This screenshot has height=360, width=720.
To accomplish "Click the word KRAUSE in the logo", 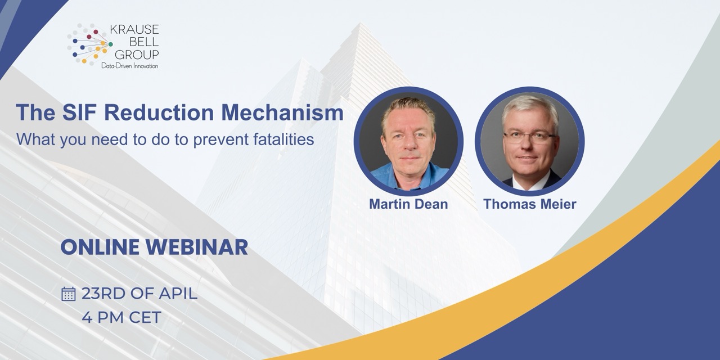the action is [x=134, y=30].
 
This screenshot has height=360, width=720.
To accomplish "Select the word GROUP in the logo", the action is [x=137, y=55].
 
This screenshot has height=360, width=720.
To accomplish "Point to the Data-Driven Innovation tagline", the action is [x=129, y=66].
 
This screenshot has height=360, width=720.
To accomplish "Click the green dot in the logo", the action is [x=111, y=44].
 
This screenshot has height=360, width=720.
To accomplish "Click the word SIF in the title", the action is [x=80, y=113].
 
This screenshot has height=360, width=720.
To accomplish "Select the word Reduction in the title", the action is [x=159, y=113].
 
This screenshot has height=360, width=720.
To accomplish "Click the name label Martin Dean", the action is [x=408, y=204].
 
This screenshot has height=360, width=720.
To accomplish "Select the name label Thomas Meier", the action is [x=530, y=204].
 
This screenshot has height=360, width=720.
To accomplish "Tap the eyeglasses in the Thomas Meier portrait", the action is [x=529, y=138].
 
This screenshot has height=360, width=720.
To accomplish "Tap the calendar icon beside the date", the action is [x=68, y=294].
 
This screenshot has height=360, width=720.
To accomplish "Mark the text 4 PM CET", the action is [x=121, y=318].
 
